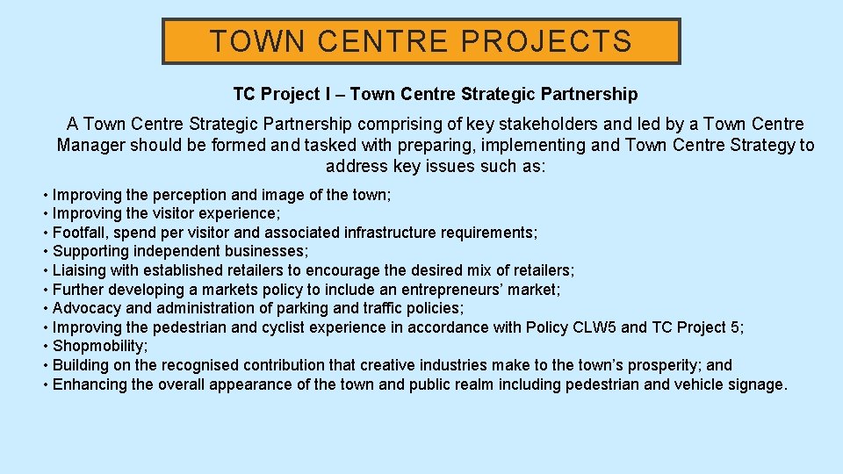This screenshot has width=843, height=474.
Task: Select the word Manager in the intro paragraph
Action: (x=90, y=146)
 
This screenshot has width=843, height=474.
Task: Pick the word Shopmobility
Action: (x=98, y=346)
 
